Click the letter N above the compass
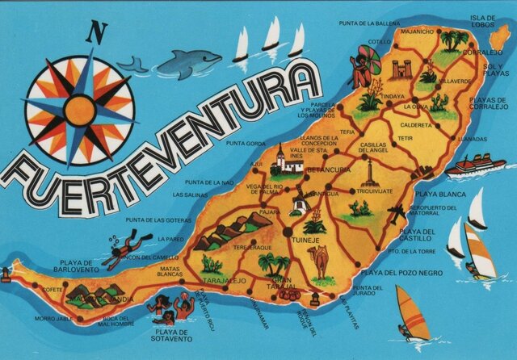(97, 32)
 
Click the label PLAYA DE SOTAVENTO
(174, 335)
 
